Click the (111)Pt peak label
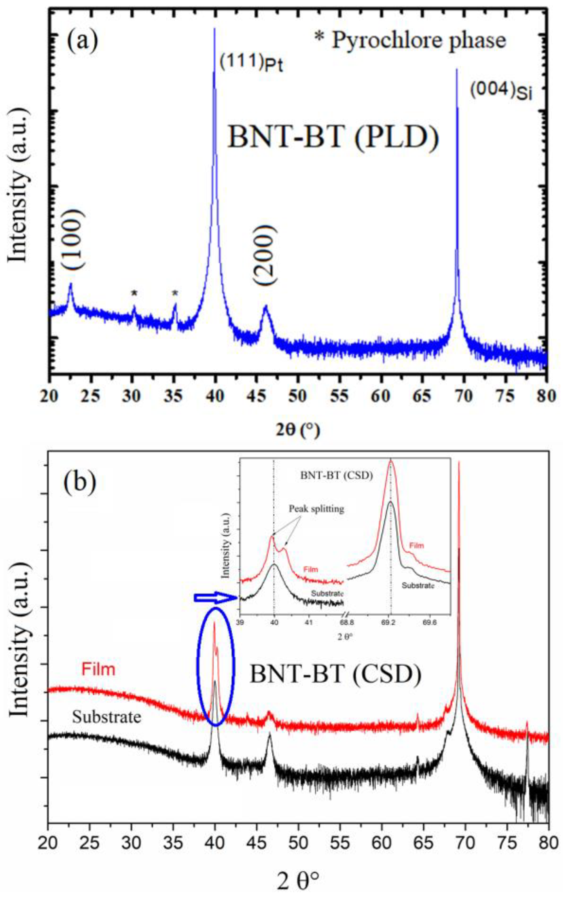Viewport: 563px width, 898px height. click(x=251, y=62)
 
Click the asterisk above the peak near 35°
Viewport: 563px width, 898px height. click(x=175, y=293)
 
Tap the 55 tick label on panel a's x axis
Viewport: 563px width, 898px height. click(x=339, y=396)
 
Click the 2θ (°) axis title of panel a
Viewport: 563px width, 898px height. click(x=298, y=430)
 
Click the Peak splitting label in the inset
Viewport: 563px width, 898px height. click(x=317, y=509)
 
